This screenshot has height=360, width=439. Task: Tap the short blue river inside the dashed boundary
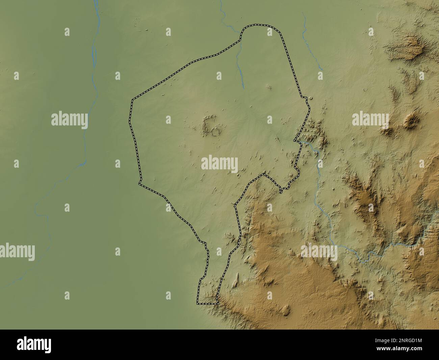point(241,68)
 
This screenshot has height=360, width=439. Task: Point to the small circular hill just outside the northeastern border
point(311,98)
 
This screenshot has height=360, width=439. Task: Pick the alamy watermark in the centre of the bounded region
point(219,164)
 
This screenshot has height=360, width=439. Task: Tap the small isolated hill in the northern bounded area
point(269,87)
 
